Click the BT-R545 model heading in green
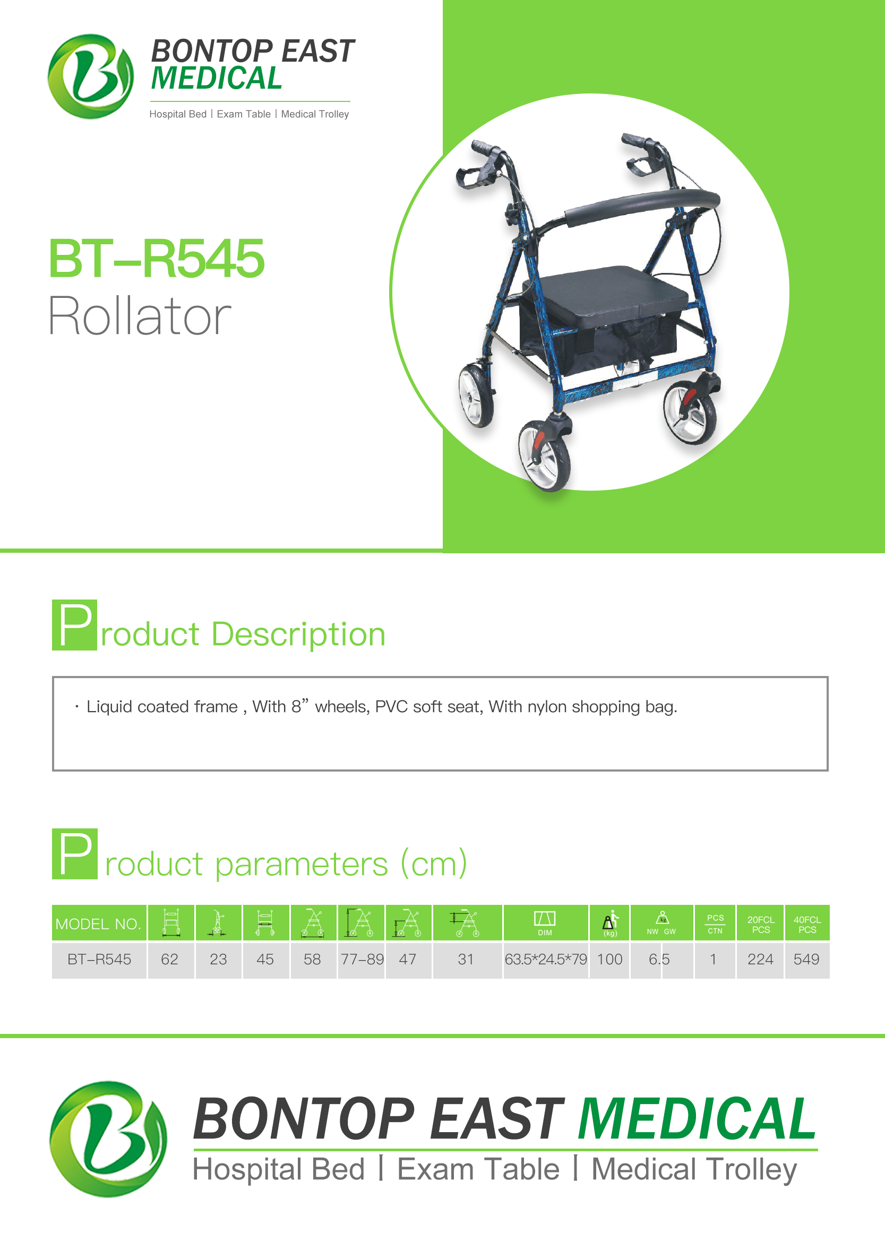click(157, 259)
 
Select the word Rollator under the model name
click(140, 315)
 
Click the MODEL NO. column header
click(99, 923)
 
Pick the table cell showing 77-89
click(362, 959)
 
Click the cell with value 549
click(806, 959)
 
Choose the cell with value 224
click(760, 959)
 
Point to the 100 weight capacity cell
click(609, 959)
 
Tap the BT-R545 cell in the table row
click(99, 959)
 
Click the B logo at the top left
click(90, 76)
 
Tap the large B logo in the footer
click(108, 1139)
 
